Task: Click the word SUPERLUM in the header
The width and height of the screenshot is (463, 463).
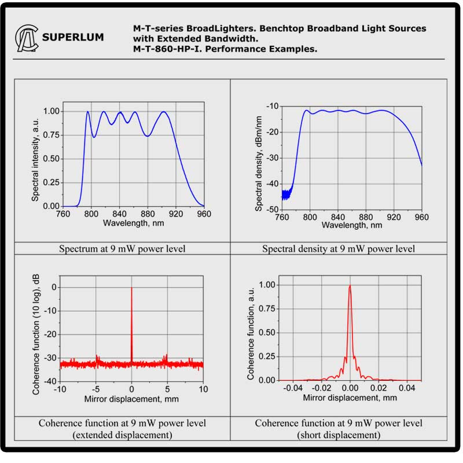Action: [x=73, y=38]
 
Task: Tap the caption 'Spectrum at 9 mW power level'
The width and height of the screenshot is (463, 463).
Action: [x=122, y=249]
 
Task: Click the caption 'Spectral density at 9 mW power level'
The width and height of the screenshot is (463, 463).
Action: [x=339, y=249]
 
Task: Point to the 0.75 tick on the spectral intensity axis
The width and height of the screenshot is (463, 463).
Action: [x=67, y=135]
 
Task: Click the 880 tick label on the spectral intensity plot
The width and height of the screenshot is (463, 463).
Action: [x=148, y=214]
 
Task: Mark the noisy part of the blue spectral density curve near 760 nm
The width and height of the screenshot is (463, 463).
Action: [x=285, y=194]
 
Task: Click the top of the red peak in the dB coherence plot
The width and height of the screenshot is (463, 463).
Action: [x=131, y=288]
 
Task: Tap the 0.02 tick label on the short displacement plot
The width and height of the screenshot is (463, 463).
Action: [x=379, y=388]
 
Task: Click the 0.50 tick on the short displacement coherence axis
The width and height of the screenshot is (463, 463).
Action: [x=269, y=333]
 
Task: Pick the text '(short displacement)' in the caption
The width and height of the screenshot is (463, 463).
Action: [x=339, y=435]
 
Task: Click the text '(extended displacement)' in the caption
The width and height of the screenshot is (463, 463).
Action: [x=122, y=435]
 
